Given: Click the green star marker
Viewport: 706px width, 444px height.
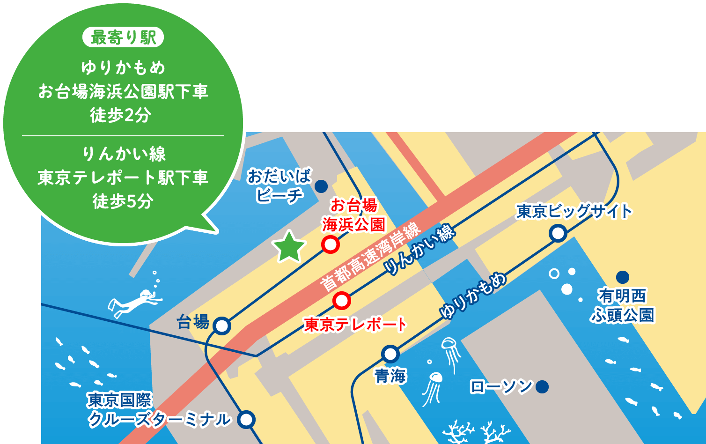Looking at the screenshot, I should tap(289, 247).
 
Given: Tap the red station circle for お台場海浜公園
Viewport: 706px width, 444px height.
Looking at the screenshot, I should tap(330, 244).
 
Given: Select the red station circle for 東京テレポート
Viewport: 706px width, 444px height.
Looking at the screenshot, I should tap(342, 301).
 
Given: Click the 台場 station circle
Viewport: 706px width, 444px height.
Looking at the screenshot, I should tap(222, 326).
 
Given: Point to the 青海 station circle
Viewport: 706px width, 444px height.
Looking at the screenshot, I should tap(390, 354).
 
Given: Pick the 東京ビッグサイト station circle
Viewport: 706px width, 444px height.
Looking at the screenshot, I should tap(558, 233).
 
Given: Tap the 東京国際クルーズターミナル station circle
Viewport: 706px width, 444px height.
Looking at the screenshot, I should tap(246, 419).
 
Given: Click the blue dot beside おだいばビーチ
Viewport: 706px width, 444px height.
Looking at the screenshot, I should tap(321, 186).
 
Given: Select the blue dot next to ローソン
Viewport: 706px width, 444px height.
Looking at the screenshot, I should tap(542, 387).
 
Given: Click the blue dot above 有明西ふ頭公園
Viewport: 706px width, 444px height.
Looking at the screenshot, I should tap(622, 277).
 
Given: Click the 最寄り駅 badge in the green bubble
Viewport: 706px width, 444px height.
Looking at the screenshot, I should tap(123, 38).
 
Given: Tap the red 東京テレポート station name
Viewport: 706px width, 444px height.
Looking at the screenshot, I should tap(355, 324).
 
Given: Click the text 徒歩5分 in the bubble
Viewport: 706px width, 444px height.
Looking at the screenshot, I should tap(123, 201).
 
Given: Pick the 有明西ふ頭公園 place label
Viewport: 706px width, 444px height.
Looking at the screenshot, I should tap(622, 305).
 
